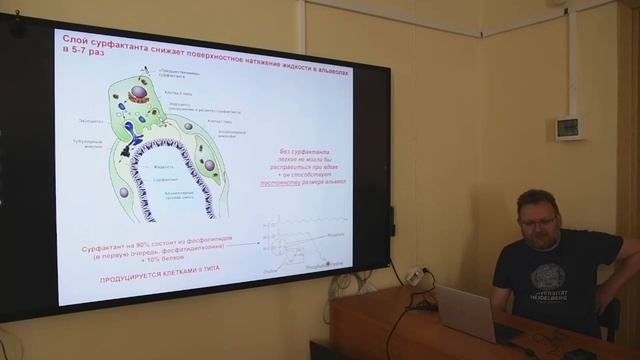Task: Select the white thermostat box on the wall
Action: click(x=569, y=127)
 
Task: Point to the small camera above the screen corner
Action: click(x=16, y=26)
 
